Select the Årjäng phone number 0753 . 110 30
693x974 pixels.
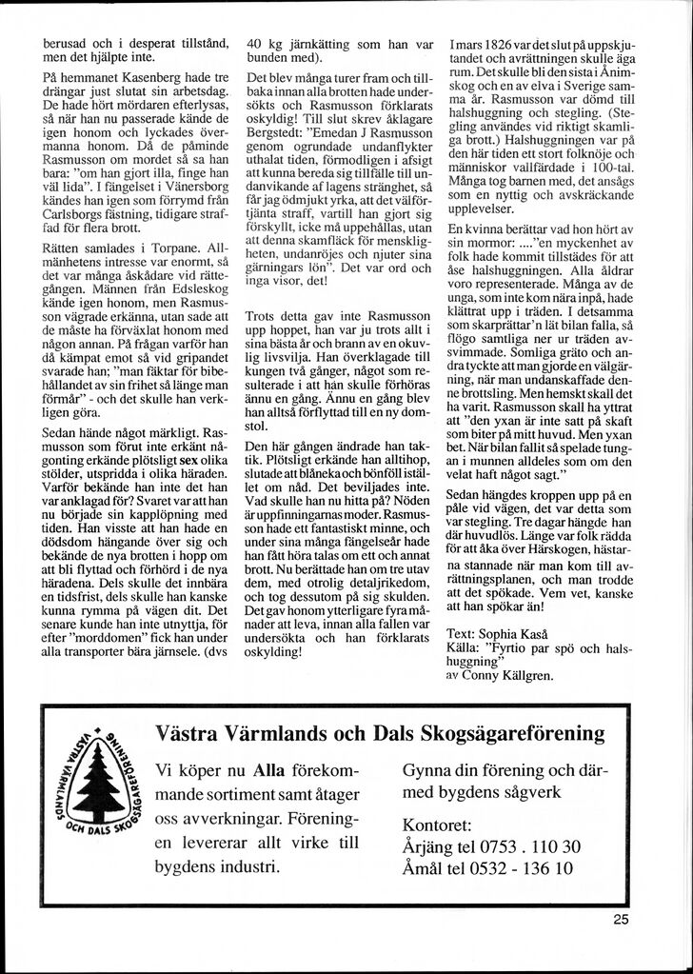(533, 845)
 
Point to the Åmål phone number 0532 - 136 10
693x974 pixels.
(527, 868)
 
